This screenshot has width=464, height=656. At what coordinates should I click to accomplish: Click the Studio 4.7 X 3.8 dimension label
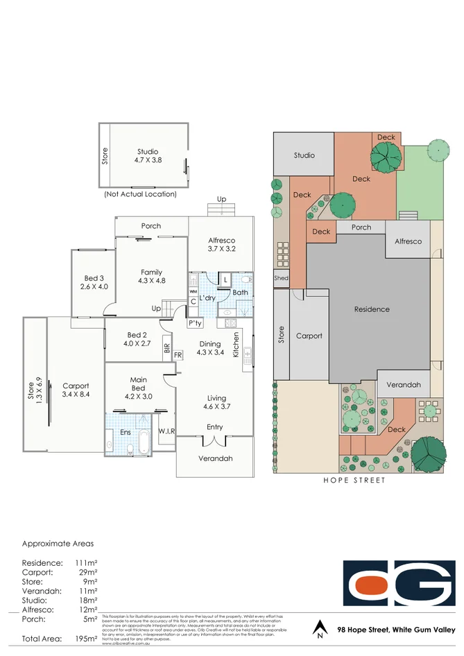[147, 156]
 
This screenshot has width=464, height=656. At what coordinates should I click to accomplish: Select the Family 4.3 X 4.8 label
[151, 277]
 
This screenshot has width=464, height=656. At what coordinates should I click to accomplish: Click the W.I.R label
[166, 431]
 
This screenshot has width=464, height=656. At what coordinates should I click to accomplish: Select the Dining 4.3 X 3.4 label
[209, 348]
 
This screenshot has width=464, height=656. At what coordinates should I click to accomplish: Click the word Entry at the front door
[215, 427]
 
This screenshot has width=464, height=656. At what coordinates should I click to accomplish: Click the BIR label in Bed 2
[166, 348]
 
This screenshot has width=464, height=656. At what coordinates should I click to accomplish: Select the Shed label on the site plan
[281, 279]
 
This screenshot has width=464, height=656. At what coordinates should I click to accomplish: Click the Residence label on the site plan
[372, 309]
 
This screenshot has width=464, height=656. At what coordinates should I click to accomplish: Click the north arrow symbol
[319, 628]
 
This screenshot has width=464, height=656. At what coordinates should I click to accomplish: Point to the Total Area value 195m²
[87, 638]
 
